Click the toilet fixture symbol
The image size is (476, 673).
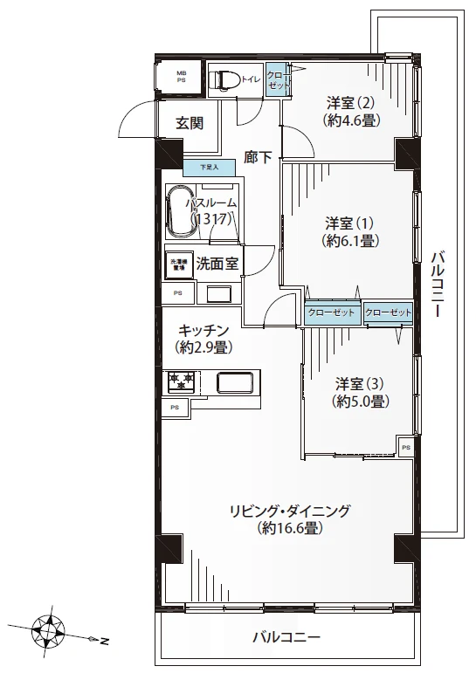[x=226, y=80]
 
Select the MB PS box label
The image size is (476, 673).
[x=182, y=77]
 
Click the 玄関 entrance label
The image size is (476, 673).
[x=190, y=123]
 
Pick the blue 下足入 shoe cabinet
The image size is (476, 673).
[x=207, y=167]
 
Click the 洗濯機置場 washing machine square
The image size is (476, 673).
[x=178, y=264]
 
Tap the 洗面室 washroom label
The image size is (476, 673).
[x=218, y=262]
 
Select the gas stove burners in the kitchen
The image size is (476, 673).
[x=182, y=381]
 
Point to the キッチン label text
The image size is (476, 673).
[x=204, y=330]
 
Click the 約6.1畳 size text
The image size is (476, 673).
[x=350, y=240]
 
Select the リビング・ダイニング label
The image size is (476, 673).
[x=291, y=511]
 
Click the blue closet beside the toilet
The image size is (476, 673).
[x=275, y=80]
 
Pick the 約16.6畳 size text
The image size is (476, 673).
[x=291, y=529]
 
